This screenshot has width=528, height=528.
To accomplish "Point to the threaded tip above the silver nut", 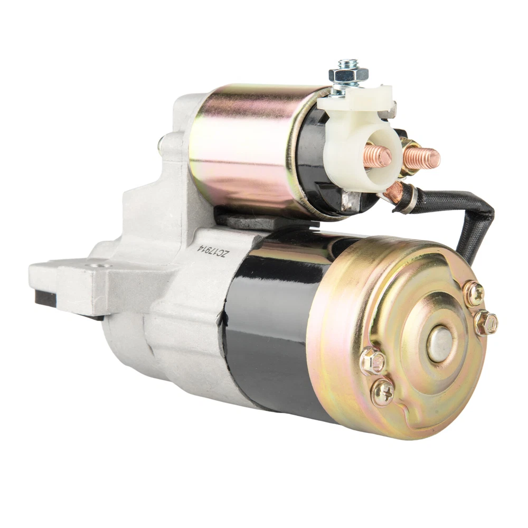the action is [348, 63].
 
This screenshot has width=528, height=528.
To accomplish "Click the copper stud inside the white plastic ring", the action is [378, 155].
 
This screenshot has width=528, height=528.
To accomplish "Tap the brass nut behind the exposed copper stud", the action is [409, 157].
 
